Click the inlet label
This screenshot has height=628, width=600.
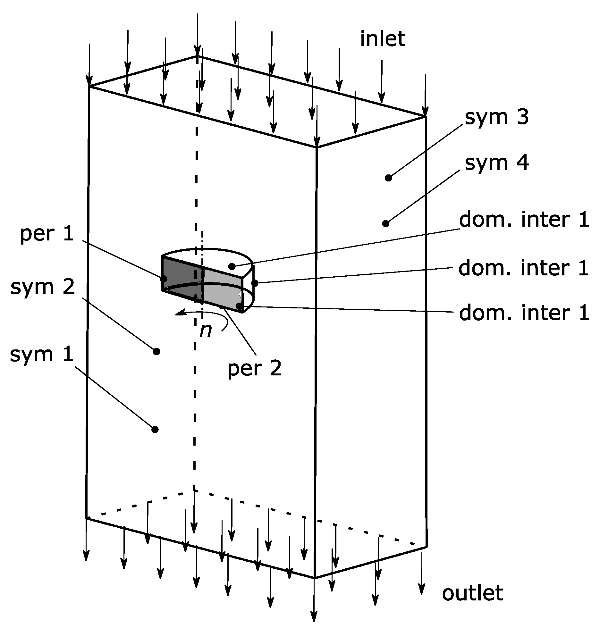383,39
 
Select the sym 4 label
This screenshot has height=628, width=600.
496,163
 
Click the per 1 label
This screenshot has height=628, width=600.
47,234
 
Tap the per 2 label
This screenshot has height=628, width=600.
254,368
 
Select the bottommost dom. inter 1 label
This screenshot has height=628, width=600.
524,313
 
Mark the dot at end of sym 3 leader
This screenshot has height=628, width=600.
388,178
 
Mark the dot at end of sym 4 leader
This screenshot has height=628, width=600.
386,223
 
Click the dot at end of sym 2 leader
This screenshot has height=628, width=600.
156,352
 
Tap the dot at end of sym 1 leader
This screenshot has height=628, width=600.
155,429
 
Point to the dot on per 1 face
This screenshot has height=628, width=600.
163,278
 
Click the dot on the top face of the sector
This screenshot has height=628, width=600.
232,266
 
